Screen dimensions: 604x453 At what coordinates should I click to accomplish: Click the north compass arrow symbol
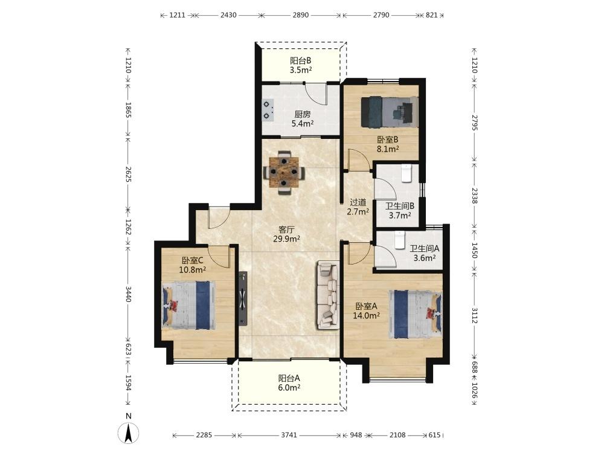(x=129, y=432)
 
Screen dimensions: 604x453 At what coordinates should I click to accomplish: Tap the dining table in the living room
(x=284, y=172)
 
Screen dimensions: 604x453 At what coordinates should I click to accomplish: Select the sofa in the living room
(x=328, y=295)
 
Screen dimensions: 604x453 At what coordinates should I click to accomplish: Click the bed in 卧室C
(x=188, y=305)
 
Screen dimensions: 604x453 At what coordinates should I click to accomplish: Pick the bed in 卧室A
(x=416, y=314)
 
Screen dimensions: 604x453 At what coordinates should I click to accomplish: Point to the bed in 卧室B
(x=390, y=112)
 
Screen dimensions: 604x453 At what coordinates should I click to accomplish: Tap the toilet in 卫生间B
(x=406, y=173)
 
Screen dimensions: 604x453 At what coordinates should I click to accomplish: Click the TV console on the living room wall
(x=243, y=298)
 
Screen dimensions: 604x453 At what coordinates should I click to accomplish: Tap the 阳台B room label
(x=300, y=60)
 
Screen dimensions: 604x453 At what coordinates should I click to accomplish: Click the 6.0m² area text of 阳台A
(x=289, y=388)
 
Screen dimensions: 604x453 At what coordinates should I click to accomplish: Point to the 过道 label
(x=358, y=202)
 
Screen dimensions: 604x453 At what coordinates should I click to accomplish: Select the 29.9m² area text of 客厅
(x=286, y=239)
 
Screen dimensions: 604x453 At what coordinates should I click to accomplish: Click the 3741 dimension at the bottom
(x=289, y=435)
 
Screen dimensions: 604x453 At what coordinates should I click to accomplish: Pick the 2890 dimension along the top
(x=300, y=15)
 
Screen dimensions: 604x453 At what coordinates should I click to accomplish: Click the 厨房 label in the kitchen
(x=303, y=114)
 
